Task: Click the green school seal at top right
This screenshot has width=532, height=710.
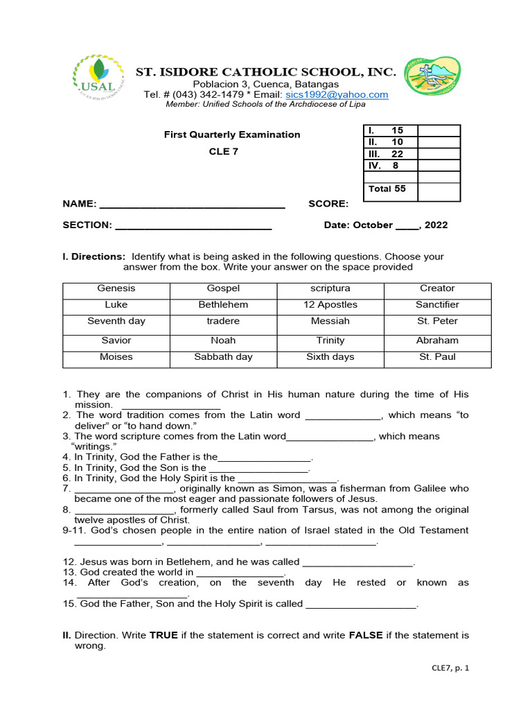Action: point(432,77)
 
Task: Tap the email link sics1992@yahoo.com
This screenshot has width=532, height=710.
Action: point(337,94)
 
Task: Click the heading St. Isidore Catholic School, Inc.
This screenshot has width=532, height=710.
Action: point(265,72)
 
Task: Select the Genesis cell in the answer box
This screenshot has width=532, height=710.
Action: point(116,288)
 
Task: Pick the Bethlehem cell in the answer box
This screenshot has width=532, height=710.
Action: point(223,305)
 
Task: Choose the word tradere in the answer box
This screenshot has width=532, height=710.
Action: point(223,322)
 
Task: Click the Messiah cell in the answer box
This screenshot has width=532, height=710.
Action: point(330,322)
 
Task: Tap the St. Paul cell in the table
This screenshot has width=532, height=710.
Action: point(437,357)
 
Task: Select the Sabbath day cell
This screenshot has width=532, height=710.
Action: point(223,357)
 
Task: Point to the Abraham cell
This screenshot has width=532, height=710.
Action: point(437,340)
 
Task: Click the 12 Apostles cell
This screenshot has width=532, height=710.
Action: point(330,305)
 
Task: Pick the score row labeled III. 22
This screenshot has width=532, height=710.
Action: point(386,154)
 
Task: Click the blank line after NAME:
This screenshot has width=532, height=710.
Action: point(193,204)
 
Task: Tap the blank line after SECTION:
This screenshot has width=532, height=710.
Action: point(193,225)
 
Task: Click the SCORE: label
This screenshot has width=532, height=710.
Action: point(328,204)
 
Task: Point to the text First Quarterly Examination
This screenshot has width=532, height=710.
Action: point(231,135)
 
